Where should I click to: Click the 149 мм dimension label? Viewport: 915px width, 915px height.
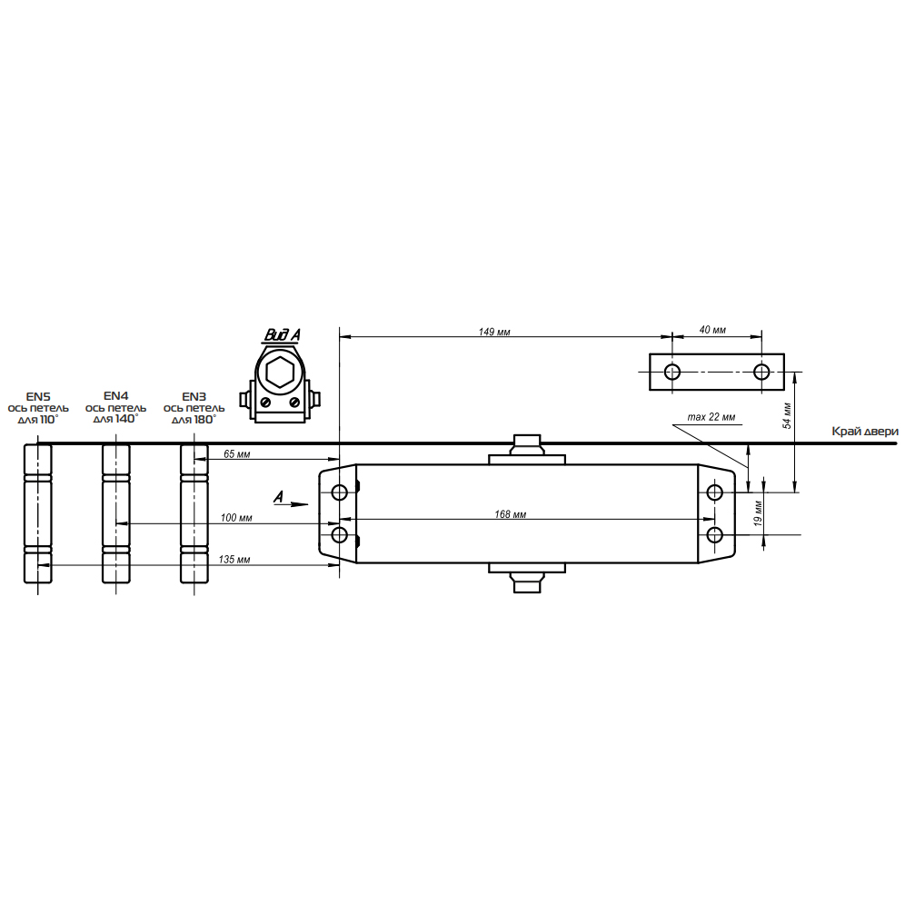[494, 332]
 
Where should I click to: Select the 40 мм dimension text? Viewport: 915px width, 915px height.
[712, 330]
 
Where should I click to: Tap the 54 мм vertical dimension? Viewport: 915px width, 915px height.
[787, 415]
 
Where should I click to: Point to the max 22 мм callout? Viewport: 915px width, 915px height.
[711, 417]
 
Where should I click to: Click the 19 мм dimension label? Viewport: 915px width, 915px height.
[758, 513]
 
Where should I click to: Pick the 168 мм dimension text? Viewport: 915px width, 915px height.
[510, 514]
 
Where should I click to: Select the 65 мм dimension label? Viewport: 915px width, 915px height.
[237, 454]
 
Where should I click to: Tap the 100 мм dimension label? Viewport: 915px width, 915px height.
[236, 518]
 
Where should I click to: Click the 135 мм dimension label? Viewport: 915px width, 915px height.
[234, 560]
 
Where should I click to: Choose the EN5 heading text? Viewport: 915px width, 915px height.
[38, 397]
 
